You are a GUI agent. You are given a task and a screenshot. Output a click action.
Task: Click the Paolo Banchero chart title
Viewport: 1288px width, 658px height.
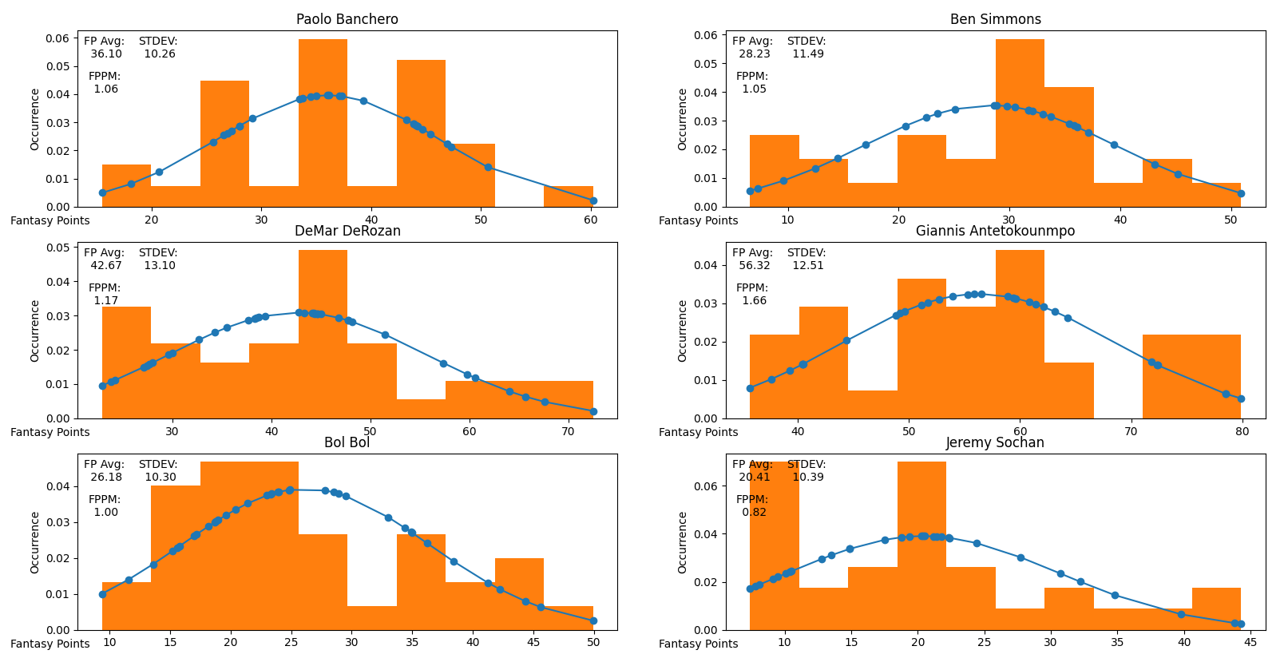347,19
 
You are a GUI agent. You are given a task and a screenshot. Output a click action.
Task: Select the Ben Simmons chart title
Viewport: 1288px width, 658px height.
995,19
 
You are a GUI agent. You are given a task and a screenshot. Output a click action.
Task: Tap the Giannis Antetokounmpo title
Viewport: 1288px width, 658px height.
995,231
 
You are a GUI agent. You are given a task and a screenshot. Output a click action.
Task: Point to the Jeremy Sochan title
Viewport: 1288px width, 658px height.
995,442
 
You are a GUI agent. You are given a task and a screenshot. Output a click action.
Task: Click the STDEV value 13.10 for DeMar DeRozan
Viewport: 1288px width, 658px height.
160,266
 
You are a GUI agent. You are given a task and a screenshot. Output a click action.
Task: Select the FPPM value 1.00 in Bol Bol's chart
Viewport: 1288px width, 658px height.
105,513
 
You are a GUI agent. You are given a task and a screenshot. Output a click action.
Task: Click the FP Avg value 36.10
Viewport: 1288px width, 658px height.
106,54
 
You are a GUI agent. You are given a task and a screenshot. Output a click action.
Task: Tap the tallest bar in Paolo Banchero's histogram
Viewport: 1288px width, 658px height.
323,120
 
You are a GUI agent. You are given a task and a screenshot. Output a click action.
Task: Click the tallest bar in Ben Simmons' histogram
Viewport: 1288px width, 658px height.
1020,120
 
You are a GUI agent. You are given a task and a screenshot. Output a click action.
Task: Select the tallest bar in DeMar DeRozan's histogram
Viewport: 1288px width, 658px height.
323,331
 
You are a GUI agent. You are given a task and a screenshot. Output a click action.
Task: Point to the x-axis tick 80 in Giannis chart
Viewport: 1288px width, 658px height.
1241,431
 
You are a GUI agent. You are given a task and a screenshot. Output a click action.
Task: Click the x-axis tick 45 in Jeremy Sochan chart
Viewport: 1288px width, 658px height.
1250,643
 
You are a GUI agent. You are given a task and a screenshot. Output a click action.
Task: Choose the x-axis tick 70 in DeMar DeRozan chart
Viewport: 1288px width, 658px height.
568,431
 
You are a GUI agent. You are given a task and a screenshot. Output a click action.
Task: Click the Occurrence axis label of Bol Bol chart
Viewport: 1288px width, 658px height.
35,542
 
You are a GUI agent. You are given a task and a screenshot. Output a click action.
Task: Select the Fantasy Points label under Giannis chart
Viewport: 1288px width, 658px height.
698,432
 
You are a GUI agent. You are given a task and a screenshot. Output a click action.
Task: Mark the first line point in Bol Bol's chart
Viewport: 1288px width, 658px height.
102,594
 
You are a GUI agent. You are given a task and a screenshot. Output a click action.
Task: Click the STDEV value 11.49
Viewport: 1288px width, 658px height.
808,54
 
